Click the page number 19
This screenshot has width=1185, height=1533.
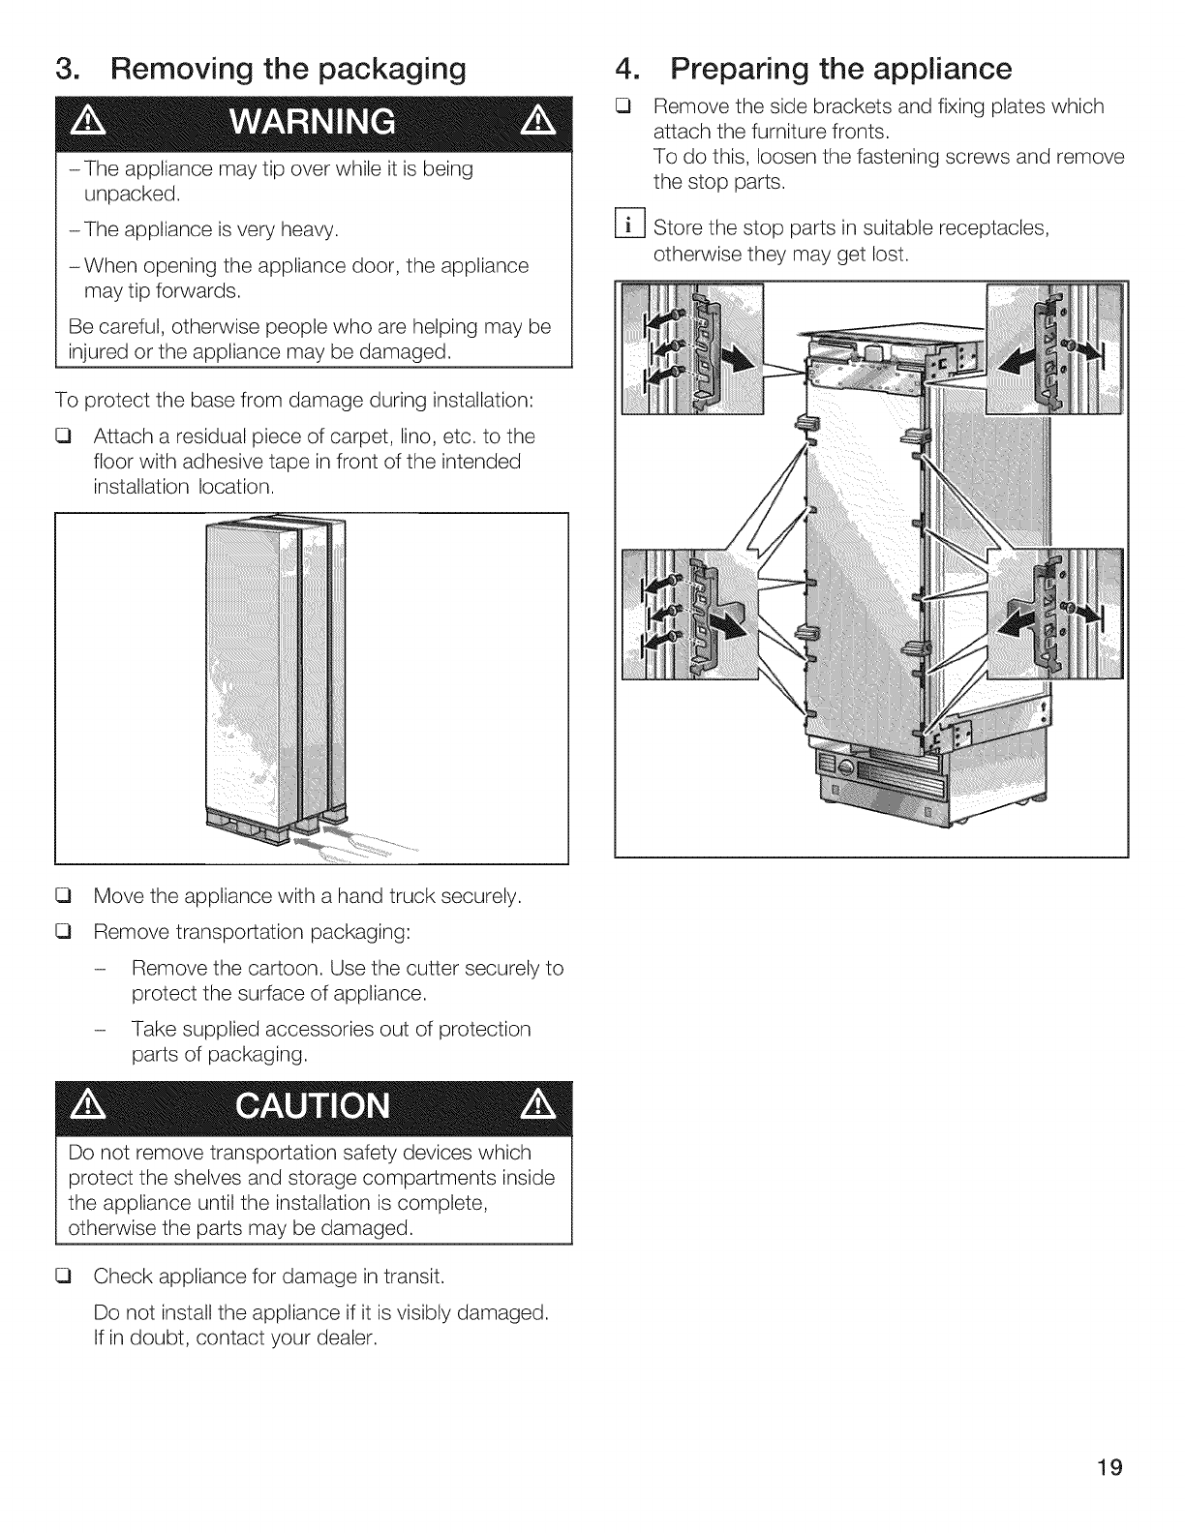tap(1109, 1468)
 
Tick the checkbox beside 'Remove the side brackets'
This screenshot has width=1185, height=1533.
tap(623, 106)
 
